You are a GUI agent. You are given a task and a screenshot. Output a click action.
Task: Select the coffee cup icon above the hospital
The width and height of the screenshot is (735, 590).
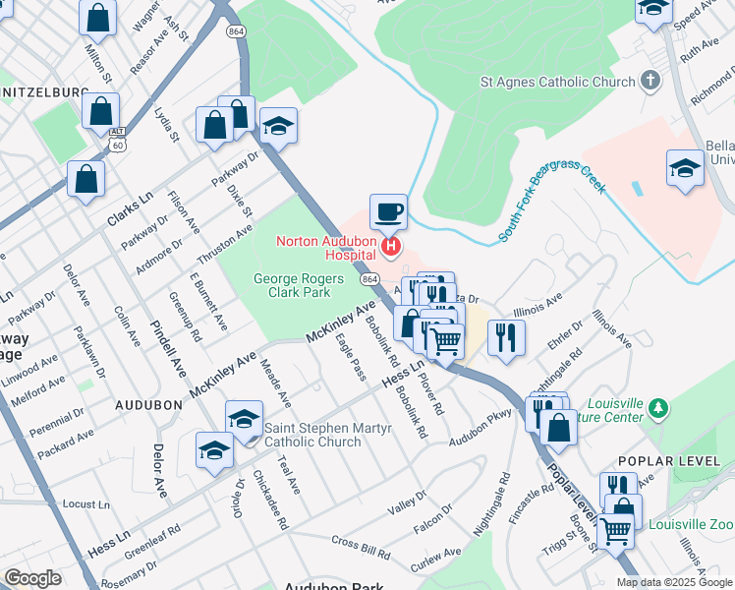tap(388, 211)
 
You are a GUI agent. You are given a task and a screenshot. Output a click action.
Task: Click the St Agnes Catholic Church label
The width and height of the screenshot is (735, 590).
tap(557, 83)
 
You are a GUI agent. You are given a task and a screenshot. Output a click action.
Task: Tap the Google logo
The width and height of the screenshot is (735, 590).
tap(32, 578)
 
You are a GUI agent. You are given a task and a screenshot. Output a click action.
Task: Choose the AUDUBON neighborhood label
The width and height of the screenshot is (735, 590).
tap(148, 404)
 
